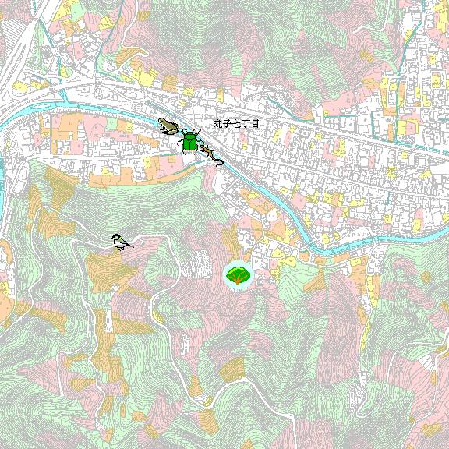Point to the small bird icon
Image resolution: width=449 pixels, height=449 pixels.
click(119, 242)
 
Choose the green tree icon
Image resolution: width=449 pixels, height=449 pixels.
click(238, 275)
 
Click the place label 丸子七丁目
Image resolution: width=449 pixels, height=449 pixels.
click(236, 124)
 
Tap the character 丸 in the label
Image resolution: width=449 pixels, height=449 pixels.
click(219, 124)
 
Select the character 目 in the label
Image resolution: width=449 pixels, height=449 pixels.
click(254, 124)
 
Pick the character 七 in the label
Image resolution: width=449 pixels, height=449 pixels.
click(236, 124)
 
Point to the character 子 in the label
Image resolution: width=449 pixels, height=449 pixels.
click(228, 124)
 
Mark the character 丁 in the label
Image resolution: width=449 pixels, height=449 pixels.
click(245, 124)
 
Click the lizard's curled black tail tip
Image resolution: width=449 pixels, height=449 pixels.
click(221, 163)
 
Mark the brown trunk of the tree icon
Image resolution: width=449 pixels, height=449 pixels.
click(238, 281)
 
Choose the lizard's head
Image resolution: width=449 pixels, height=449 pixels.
click(203, 146)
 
